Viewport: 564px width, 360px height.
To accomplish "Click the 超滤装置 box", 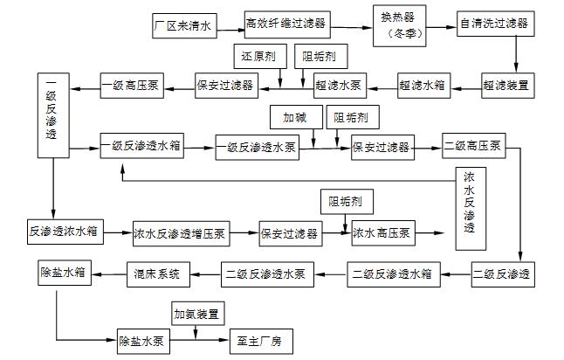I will [x=506, y=86].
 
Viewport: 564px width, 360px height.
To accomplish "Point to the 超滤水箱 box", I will [x=424, y=86].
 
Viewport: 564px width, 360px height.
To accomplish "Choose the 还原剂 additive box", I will [x=258, y=58].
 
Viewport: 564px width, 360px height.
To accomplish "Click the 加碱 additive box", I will [x=294, y=116].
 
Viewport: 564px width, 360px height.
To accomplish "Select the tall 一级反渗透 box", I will [x=52, y=116].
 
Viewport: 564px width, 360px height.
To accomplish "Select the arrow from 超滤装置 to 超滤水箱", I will [x=464, y=86].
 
